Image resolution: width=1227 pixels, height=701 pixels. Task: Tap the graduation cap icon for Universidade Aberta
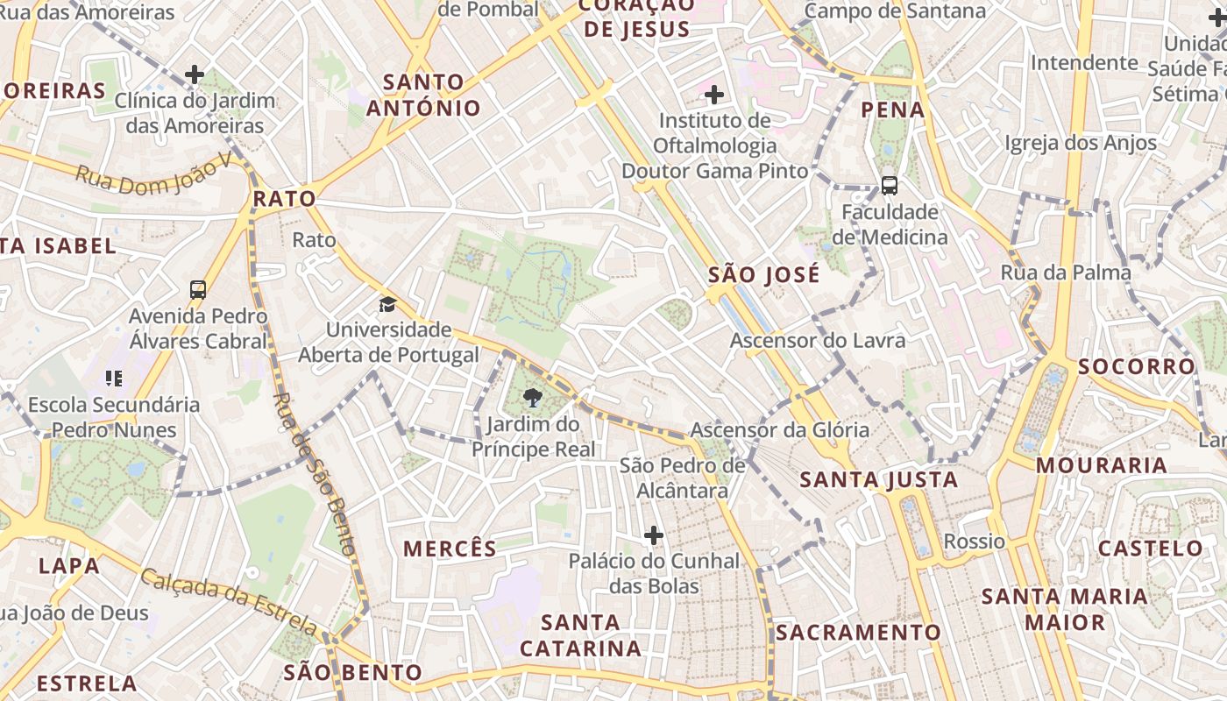[x=387, y=304]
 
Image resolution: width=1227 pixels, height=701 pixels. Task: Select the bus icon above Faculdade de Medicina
[x=890, y=185]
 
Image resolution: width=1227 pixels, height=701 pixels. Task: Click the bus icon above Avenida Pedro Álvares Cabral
[x=198, y=289]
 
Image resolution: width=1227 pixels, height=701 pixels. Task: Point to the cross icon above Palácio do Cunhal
[x=654, y=535]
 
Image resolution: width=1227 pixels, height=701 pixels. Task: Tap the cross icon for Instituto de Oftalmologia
[x=714, y=94]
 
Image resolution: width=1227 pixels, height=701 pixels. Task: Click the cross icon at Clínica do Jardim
[x=195, y=74]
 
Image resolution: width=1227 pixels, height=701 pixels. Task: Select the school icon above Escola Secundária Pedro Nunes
[x=114, y=379]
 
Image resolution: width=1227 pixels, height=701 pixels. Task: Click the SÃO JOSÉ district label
[x=764, y=274]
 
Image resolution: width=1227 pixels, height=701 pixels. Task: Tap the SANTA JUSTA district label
[x=879, y=479]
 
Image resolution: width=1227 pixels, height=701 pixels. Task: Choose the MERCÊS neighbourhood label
[x=450, y=549]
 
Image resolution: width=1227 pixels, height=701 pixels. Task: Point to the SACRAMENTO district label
[x=858, y=632]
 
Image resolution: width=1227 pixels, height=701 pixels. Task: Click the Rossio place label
[x=974, y=541]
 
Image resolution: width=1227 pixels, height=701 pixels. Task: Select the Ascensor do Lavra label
[x=818, y=340]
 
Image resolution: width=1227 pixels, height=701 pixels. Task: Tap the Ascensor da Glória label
[x=780, y=429]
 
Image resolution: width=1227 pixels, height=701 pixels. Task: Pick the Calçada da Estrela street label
[x=229, y=601]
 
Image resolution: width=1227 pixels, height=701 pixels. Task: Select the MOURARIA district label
[x=1102, y=465]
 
